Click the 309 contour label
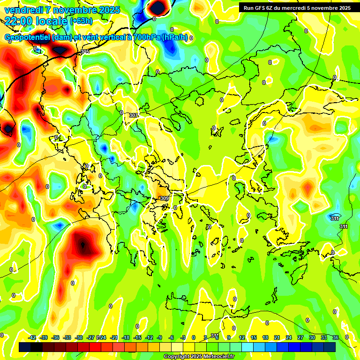164,198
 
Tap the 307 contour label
134,115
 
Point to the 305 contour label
85,52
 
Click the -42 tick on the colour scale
32,337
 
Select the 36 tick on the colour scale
336,337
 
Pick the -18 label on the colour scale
126,337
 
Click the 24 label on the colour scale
289,337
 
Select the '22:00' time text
18,21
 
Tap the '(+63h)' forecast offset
81,21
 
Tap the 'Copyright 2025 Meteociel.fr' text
199,357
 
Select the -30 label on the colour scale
79,337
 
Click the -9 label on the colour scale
160,337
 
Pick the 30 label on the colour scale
312,337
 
